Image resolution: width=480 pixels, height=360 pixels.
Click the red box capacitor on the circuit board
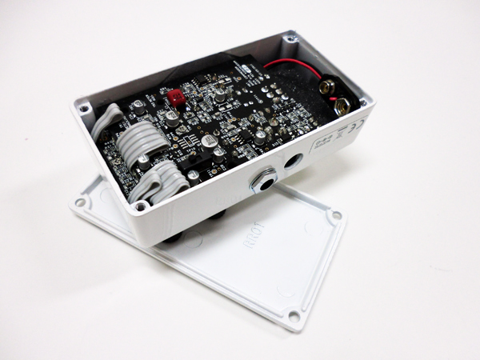[175, 98]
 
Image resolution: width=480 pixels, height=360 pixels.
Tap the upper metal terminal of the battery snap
[328, 82]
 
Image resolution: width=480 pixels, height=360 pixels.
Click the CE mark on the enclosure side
[356, 126]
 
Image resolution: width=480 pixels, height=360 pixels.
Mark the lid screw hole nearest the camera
[294, 317]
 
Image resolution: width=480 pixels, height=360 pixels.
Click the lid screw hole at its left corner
[79, 202]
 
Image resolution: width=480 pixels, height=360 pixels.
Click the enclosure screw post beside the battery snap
[364, 102]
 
